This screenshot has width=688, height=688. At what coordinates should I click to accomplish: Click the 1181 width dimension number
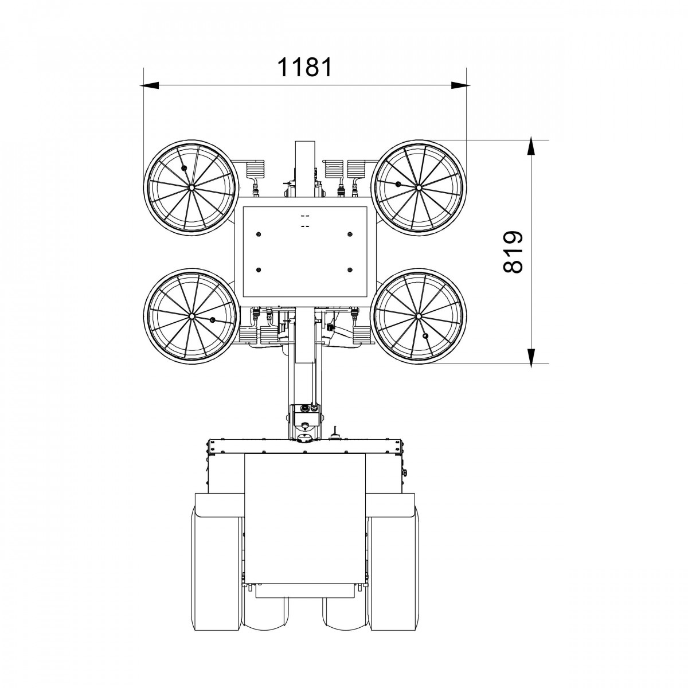pyautogui.click(x=304, y=67)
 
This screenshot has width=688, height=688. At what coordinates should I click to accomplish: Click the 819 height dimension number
pyautogui.click(x=513, y=252)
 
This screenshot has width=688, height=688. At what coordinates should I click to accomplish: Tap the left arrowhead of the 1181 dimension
pyautogui.click(x=149, y=85)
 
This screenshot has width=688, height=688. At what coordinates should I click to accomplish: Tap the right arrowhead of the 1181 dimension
pyautogui.click(x=460, y=85)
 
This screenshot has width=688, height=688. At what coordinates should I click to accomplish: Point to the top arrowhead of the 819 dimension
pyautogui.click(x=531, y=145)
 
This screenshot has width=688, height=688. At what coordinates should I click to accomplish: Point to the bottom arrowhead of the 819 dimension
pyautogui.click(x=531, y=358)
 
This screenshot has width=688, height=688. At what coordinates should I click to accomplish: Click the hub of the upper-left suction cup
pyautogui.click(x=191, y=187)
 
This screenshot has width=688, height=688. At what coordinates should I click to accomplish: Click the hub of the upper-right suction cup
pyautogui.click(x=419, y=187)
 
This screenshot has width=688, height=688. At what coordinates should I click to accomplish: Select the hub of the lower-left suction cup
pyautogui.click(x=191, y=316)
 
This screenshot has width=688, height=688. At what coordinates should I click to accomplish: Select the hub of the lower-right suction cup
pyautogui.click(x=419, y=316)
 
